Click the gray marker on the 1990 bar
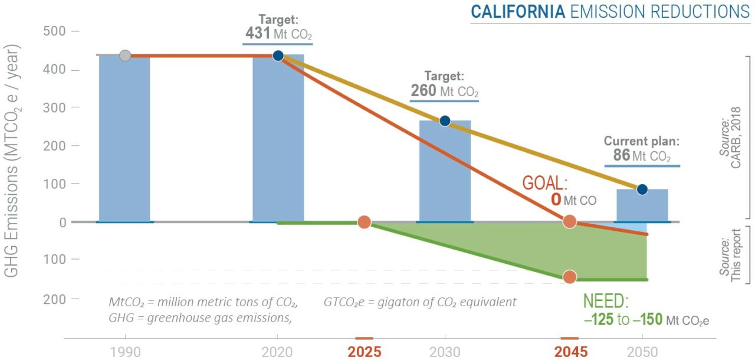[x=125, y=55]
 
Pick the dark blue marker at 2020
[x=278, y=55]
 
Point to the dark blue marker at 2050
[x=642, y=189]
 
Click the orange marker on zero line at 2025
[x=364, y=222]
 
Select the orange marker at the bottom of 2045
[x=569, y=277]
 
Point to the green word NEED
[x=606, y=302]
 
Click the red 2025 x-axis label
[x=364, y=352]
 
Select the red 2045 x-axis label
[x=570, y=352]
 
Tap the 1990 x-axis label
[x=125, y=352]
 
